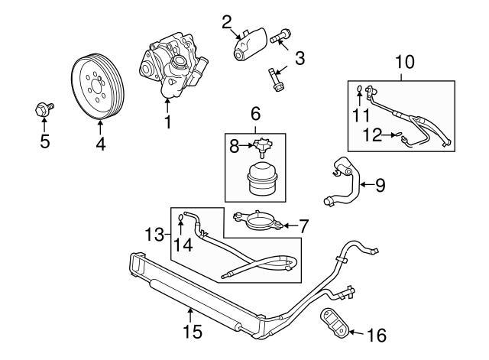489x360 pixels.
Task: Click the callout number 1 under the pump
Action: (168, 122)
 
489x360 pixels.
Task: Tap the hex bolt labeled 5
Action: (44, 109)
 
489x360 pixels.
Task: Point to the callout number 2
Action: (227, 22)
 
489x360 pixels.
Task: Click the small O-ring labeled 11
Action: (359, 90)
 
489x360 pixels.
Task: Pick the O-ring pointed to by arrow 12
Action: (398, 135)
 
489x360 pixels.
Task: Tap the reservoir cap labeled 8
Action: (262, 146)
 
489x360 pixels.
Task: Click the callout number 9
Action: (381, 185)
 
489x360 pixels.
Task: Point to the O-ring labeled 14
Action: (180, 217)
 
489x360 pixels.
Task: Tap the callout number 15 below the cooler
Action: (193, 331)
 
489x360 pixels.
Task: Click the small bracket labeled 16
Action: (334, 323)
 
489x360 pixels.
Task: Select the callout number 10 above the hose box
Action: (405, 62)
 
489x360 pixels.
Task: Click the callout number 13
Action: (154, 234)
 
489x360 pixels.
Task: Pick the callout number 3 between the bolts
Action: (300, 58)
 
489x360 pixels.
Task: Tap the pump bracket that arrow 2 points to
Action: (251, 44)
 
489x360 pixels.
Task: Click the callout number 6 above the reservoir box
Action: (255, 114)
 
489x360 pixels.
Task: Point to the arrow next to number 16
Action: (356, 332)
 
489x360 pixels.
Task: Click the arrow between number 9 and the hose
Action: (367, 185)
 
